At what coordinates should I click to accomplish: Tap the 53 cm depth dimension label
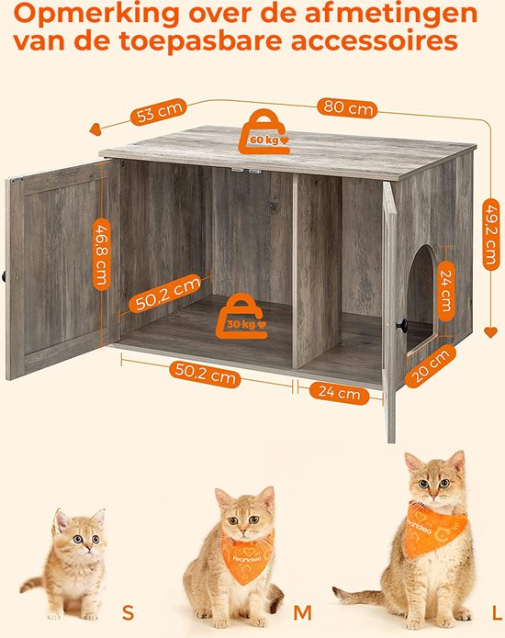159,114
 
